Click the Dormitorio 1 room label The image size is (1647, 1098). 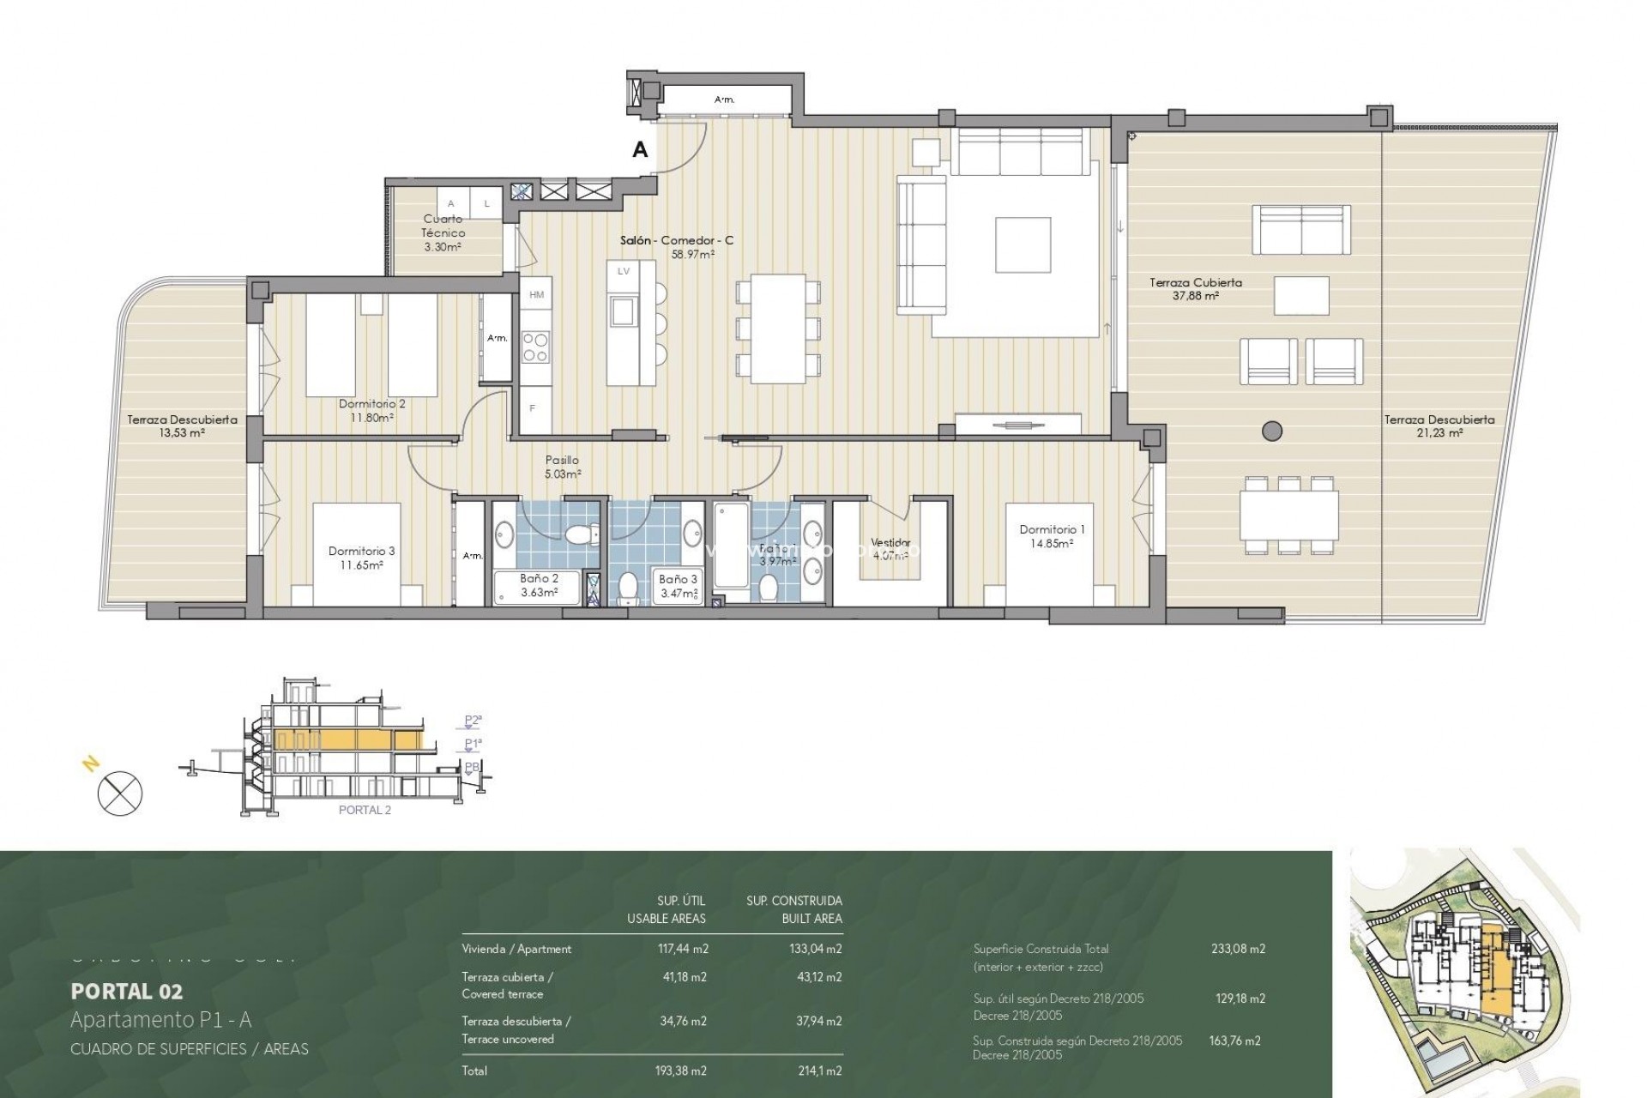coord(1047,536)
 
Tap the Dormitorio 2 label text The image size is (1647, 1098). coord(371,410)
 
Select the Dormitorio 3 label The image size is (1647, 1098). coord(361,558)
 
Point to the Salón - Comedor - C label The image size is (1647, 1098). coord(677,247)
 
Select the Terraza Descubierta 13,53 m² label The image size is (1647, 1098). coord(182,426)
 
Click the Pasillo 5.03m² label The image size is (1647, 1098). coord(562,467)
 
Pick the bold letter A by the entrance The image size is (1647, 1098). coord(639,150)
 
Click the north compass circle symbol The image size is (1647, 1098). coord(120,793)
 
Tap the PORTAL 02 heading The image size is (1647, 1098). coord(126,992)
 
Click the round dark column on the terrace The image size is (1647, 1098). coord(1272,431)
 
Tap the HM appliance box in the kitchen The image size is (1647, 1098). coord(536,295)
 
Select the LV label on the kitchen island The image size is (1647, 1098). coord(623,271)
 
